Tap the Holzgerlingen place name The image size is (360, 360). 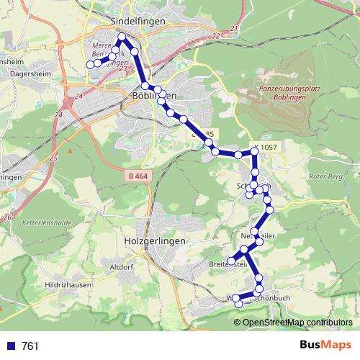coord(155,242)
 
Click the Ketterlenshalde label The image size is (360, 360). coord(46,222)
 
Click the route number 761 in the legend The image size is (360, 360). coord(30,346)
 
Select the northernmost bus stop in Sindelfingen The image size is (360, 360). coord(122,37)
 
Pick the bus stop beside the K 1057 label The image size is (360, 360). coord(254,151)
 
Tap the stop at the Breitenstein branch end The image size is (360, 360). coord(230,260)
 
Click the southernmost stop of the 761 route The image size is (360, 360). coord(240,305)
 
